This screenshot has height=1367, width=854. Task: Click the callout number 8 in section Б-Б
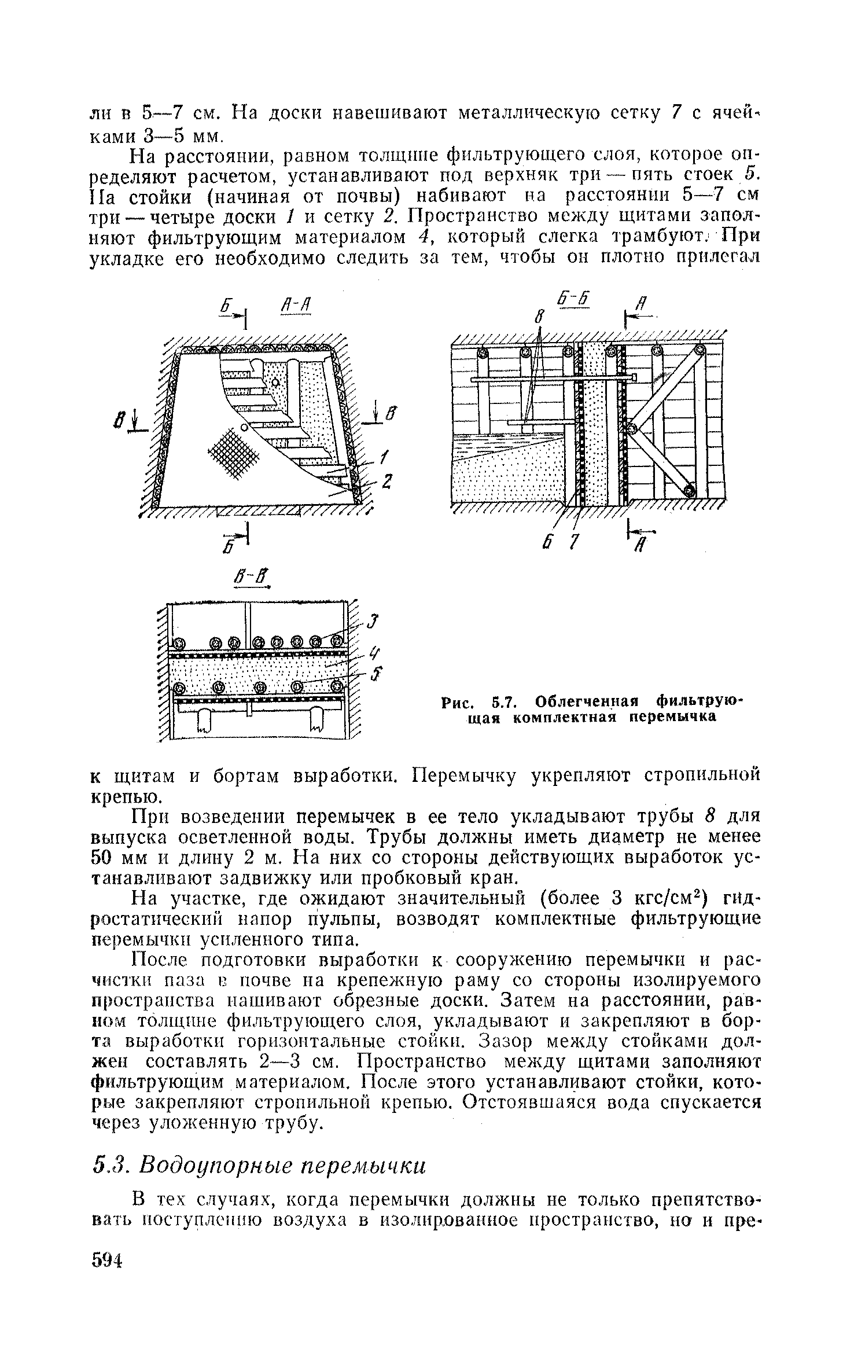pos(539,317)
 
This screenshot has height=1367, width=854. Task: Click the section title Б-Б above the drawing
pos(572,300)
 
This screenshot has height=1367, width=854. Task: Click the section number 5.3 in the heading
pos(107,1165)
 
